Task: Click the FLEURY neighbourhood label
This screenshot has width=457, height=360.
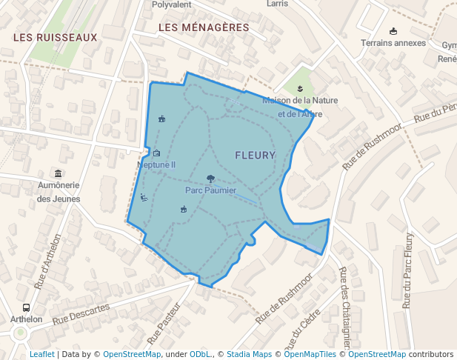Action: point(255,156)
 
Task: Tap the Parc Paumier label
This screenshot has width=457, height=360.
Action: point(210,190)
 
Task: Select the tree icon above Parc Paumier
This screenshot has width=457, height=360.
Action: point(211,179)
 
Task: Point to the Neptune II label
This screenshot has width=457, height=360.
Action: point(156,164)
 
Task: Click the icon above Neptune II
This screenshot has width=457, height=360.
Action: point(156,153)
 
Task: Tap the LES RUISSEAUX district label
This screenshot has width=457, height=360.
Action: point(56,37)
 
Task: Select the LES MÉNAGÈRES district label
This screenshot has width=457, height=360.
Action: point(204,27)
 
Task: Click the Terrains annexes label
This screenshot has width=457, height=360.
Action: point(393,43)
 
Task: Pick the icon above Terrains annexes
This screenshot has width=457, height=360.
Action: point(393,31)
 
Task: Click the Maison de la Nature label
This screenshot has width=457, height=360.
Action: point(300,100)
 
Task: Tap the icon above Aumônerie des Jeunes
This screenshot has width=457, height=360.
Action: point(59,173)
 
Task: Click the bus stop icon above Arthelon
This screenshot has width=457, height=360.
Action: point(26,307)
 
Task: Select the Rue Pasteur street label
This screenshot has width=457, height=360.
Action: point(164,327)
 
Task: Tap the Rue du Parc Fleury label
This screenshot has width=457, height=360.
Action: point(407,270)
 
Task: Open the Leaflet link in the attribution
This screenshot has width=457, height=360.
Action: point(41,354)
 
